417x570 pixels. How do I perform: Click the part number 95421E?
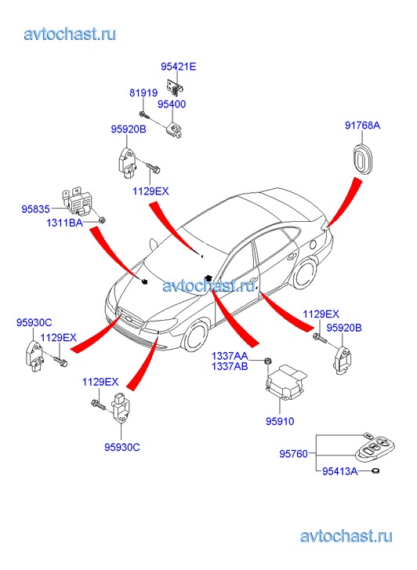coord(178,67)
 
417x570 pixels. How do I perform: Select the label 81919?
coord(143,93)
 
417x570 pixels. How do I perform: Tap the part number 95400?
coord(172,104)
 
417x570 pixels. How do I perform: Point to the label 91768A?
coord(362,125)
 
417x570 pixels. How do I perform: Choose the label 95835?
coord(35,209)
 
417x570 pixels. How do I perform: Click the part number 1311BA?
coord(65,223)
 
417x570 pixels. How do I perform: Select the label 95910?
coord(280,422)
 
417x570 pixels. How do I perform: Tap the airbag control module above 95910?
coord(286,383)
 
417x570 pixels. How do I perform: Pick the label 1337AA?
coord(230,356)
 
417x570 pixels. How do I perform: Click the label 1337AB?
coord(230,366)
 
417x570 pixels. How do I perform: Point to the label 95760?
coord(294,454)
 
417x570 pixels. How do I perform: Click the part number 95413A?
coord(340,471)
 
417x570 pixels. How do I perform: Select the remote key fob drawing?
coord(375,450)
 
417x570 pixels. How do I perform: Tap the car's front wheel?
coord(196,336)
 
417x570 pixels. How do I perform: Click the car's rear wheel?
coord(304,274)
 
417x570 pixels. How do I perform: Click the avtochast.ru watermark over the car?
coord(208,285)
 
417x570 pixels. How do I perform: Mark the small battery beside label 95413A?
coord(375,471)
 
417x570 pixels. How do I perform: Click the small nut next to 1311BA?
coord(102,220)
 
